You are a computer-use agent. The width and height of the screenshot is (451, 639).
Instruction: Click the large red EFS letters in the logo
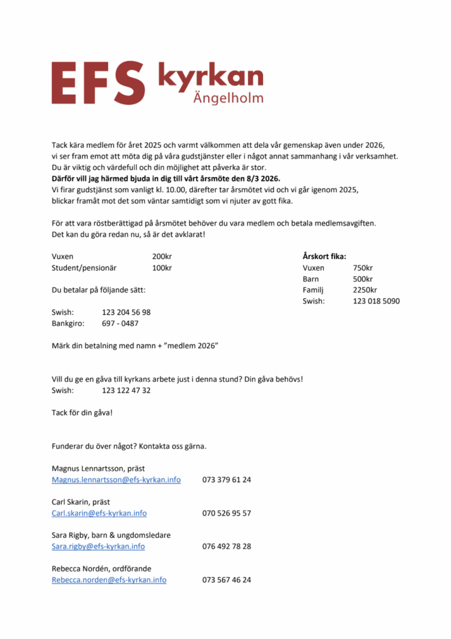[99, 82]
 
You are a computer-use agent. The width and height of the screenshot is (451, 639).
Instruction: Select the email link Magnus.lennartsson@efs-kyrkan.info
[116, 480]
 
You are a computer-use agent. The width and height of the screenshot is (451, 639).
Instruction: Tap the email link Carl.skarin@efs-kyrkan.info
[99, 513]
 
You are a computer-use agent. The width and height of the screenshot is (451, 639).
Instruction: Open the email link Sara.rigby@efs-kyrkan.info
[98, 546]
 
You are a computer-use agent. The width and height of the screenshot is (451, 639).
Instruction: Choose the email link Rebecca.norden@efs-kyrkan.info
[109, 580]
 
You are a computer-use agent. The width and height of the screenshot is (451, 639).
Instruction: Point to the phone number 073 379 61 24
[227, 480]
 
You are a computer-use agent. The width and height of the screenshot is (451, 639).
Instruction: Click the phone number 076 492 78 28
[227, 546]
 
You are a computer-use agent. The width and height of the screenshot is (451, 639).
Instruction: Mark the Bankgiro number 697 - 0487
[120, 323]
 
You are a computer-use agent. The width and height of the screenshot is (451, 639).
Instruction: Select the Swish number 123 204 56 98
[126, 312]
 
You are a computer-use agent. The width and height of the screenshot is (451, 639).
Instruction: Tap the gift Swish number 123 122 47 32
[126, 390]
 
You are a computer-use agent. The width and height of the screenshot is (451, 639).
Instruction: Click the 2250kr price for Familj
[365, 290]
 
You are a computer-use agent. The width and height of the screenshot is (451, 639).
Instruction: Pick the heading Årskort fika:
[324, 256]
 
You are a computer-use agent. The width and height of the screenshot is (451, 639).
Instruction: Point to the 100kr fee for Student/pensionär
[162, 268]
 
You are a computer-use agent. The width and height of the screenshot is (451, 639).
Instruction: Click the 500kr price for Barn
[363, 279]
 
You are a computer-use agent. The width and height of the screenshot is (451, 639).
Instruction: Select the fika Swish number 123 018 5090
[376, 301]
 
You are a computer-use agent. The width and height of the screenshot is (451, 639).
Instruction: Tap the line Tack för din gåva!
[82, 412]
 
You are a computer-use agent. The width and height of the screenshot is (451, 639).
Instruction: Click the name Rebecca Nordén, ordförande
[101, 568]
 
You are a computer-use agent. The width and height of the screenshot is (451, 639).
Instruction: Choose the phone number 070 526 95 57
[227, 513]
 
